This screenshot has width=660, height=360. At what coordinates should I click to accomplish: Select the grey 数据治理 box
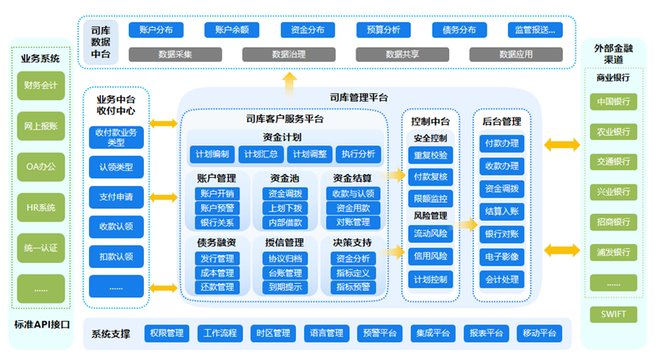pyautogui.click(x=288, y=55)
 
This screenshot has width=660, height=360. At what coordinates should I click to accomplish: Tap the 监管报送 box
pyautogui.click(x=536, y=30)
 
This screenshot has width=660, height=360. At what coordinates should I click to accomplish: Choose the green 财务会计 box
pyautogui.click(x=40, y=85)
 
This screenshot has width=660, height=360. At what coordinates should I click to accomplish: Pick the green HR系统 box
pyautogui.click(x=40, y=207)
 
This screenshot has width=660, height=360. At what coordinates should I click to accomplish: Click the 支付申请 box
pyautogui.click(x=116, y=196)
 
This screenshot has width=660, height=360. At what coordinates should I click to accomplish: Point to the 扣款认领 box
pyautogui.click(x=116, y=256)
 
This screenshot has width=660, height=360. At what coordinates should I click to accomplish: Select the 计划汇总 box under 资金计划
pyautogui.click(x=261, y=154)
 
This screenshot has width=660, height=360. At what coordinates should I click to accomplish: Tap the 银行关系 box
pyautogui.click(x=217, y=223)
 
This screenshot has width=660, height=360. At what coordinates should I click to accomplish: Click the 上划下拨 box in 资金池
pyautogui.click(x=284, y=208)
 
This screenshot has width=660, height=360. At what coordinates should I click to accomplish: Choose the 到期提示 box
pyautogui.click(x=284, y=287)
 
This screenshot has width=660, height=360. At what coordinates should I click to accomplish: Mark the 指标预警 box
pyautogui.click(x=353, y=287)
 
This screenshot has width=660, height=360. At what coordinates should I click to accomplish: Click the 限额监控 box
pyautogui.click(x=430, y=198)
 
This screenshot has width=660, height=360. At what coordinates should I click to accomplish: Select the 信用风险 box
pyautogui.click(x=430, y=256)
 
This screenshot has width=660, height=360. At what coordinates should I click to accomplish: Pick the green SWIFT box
pyautogui.click(x=612, y=315)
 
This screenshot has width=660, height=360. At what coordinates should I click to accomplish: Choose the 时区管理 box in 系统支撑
pyautogui.click(x=270, y=333)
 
